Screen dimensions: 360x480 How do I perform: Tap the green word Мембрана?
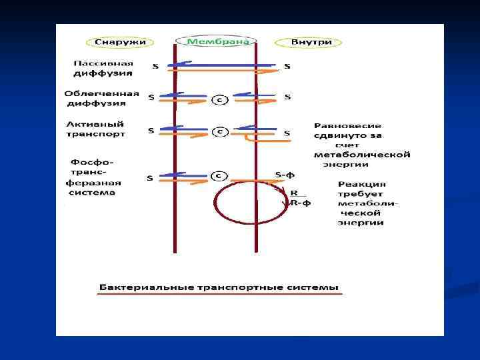[215, 41]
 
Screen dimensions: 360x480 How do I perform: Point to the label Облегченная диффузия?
[102, 99]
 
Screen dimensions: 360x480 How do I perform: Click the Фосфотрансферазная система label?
[93, 177]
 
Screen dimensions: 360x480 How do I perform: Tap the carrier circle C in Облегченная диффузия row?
[219, 100]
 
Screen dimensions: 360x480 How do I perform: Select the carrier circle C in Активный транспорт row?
[219, 131]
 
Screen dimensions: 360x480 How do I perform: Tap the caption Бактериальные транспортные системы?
[219, 288]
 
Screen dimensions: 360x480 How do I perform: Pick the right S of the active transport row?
[287, 133]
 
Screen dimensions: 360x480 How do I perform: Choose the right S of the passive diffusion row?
[287, 67]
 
